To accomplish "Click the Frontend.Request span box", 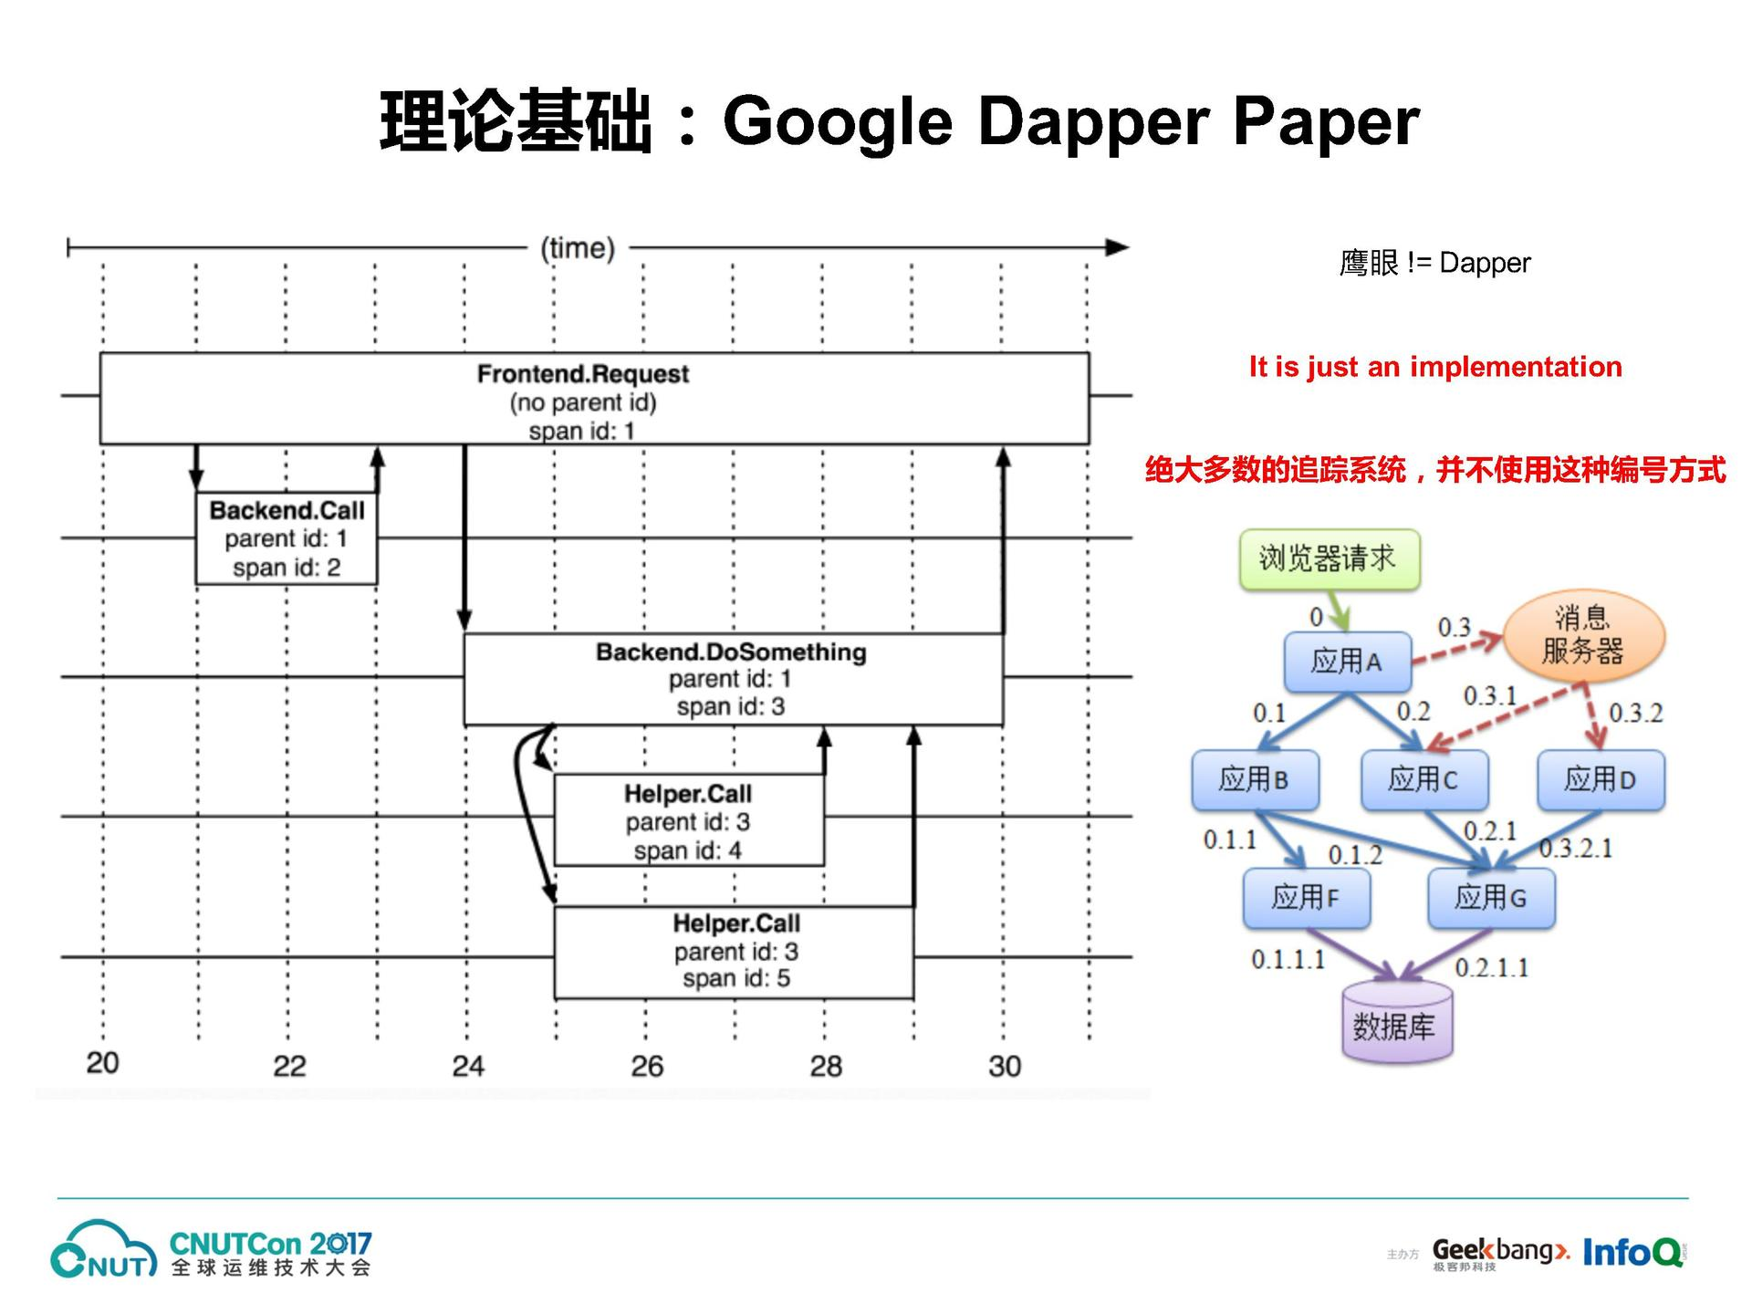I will point(594,399).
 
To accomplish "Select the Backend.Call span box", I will point(287,538).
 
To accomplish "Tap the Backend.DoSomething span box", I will point(733,679).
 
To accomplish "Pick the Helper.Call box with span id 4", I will point(689,820).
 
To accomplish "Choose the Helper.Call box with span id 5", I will point(735,952).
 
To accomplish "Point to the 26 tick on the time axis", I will point(647,1066).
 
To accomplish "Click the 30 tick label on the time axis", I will point(1005,1066).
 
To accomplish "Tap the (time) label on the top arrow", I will point(578,248).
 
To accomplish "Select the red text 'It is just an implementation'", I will point(1435,367).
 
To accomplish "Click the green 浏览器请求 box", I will point(1329,558).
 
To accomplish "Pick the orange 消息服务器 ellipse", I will point(1583,635).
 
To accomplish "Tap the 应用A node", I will point(1347,661).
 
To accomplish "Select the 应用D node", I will point(1601,779).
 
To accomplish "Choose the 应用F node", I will point(1306,898).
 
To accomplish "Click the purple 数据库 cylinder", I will point(1396,1026).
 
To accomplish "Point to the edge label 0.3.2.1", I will point(1576,849).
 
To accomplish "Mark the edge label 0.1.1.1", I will point(1288,959).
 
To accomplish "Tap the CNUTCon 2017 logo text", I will point(270,1244).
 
